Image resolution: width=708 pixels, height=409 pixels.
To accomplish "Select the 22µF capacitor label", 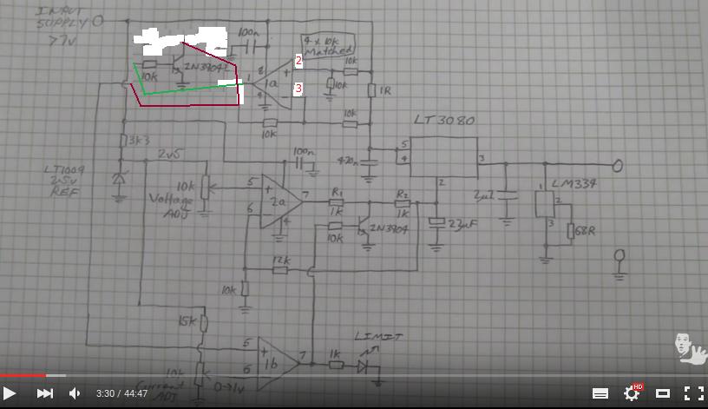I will click(461, 224).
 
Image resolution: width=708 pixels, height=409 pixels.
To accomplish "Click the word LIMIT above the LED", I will click(378, 336).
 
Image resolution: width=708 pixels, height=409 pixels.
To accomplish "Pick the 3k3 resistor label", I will click(138, 140).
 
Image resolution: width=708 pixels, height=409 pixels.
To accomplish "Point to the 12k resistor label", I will click(280, 260).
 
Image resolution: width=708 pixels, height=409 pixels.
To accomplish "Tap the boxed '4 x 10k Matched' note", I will click(328, 45).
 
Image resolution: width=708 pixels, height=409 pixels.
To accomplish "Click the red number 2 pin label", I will click(298, 60).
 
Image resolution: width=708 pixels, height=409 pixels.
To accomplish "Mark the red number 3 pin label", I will click(298, 88).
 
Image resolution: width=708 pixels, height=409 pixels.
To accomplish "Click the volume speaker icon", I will click(75, 393).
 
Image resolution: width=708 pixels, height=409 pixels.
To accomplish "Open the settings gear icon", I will click(632, 393).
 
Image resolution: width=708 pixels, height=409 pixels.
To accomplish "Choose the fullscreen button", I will click(693, 393).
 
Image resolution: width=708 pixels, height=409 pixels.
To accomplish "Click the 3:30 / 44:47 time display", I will click(122, 393).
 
